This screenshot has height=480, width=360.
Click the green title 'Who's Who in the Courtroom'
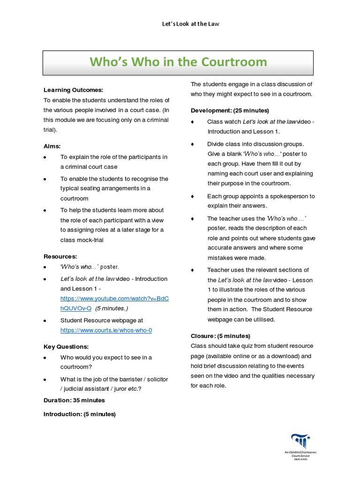click(178, 62)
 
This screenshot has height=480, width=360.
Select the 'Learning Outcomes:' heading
click(73, 90)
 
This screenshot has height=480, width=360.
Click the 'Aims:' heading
click(52, 146)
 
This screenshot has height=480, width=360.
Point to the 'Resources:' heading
click(60, 256)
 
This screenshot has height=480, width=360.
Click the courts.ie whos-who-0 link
click(106, 330)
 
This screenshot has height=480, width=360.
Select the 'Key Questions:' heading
click(66, 346)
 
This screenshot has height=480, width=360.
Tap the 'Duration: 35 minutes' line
click(74, 400)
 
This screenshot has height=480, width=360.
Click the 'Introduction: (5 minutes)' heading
click(80, 414)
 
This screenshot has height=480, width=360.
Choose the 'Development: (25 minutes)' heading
click(230, 110)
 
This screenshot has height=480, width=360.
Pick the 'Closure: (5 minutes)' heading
click(220, 336)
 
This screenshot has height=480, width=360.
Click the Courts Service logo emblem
click(300, 442)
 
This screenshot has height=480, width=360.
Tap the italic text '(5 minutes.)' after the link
click(112, 308)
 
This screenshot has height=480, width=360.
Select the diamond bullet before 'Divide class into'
click(192, 144)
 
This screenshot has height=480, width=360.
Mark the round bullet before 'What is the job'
click(45, 379)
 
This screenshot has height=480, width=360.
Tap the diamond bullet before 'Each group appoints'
click(192, 196)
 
